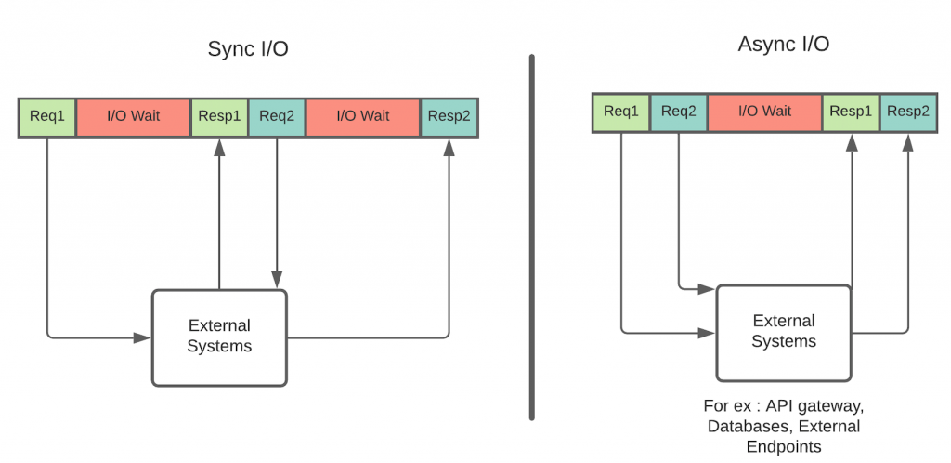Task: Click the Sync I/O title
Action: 247,48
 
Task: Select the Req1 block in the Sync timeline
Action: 46,116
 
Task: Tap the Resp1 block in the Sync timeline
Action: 220,116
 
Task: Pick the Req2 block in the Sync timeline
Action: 277,116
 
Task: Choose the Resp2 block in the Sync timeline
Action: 449,116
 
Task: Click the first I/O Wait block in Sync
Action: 133,116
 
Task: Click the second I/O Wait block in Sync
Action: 362,116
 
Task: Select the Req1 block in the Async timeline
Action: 620,112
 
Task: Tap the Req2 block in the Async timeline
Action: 678,112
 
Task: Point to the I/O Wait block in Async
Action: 764,112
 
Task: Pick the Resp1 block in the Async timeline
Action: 851,112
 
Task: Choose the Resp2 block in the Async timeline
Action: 907,112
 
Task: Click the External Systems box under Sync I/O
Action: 219,337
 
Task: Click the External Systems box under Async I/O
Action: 783,332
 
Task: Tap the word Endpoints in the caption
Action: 783,446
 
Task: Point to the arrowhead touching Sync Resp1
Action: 220,146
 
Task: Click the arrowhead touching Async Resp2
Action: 907,141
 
